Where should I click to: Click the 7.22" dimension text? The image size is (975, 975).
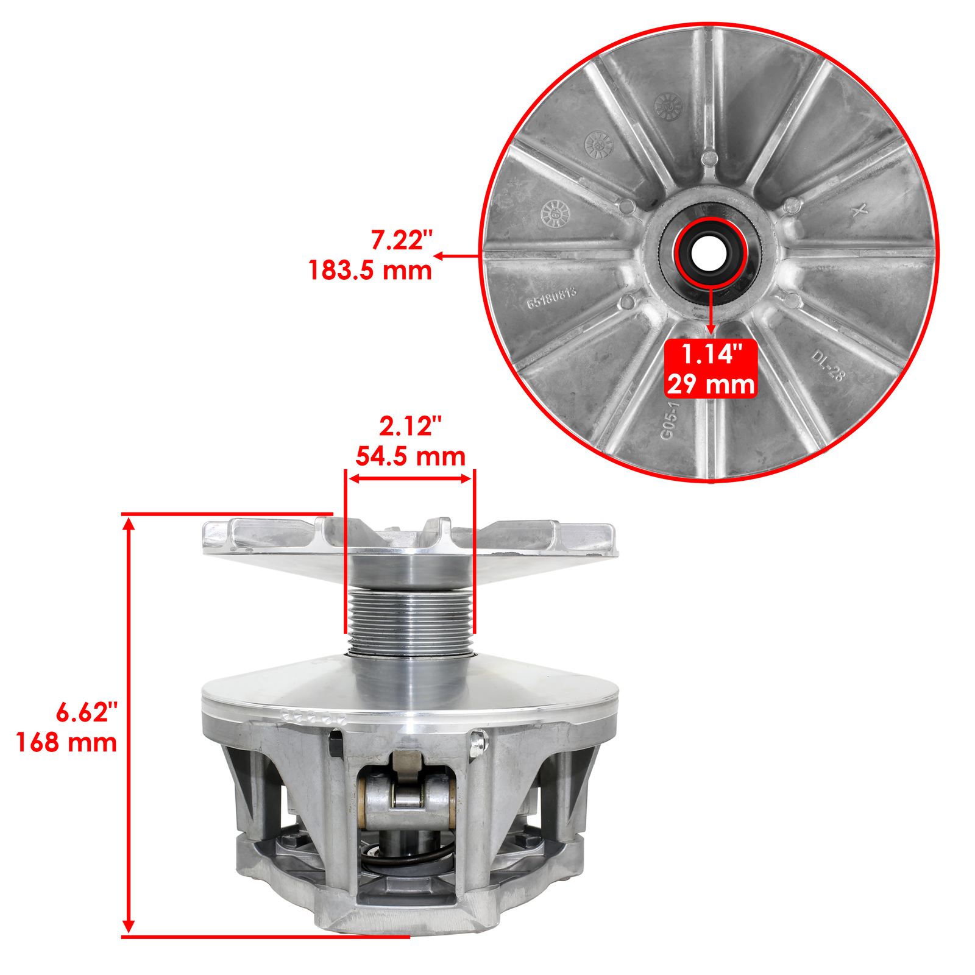[x=401, y=241]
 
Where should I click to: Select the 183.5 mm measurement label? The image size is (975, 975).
[x=370, y=270]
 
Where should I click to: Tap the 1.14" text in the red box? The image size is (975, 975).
[x=711, y=355]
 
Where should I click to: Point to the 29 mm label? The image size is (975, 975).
[x=711, y=385]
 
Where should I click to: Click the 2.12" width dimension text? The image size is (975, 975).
[x=410, y=427]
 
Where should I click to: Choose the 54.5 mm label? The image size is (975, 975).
[x=410, y=456]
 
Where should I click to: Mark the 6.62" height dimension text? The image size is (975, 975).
[x=87, y=712]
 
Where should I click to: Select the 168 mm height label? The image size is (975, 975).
[x=66, y=742]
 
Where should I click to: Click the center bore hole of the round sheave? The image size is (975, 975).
[x=711, y=251]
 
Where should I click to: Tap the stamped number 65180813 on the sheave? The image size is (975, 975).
[x=551, y=297]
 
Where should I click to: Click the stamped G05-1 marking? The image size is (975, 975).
[x=668, y=420]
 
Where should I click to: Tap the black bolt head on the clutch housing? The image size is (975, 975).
[x=335, y=743]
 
